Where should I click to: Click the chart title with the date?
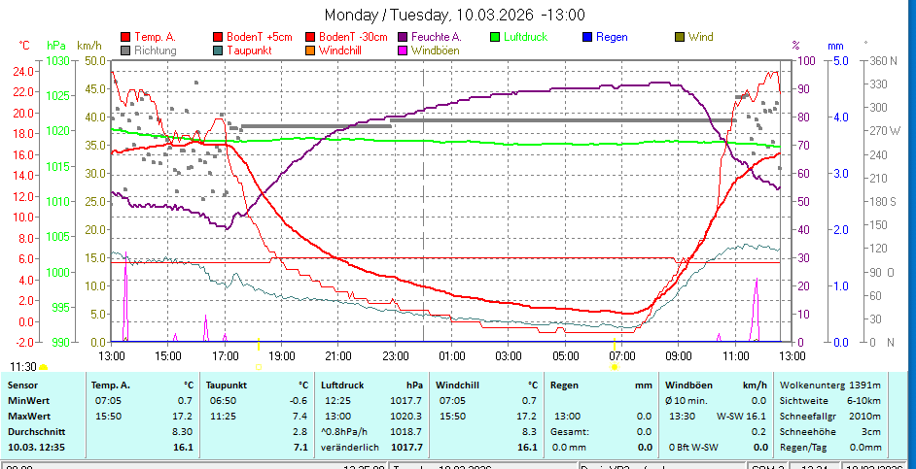pyautogui.click(x=454, y=15)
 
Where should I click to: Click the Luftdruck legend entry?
pyautogui.click(x=525, y=37)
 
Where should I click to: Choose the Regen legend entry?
pyautogui.click(x=611, y=37)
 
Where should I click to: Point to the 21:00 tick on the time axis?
pyautogui.click(x=338, y=356)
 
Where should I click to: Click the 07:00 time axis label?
pyautogui.click(x=621, y=356)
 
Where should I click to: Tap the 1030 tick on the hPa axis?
pyautogui.click(x=57, y=60)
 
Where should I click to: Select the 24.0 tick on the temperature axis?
pyautogui.click(x=22, y=71)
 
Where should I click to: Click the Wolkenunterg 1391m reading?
pyautogui.click(x=829, y=385)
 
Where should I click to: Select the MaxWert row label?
pyautogui.click(x=29, y=416)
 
